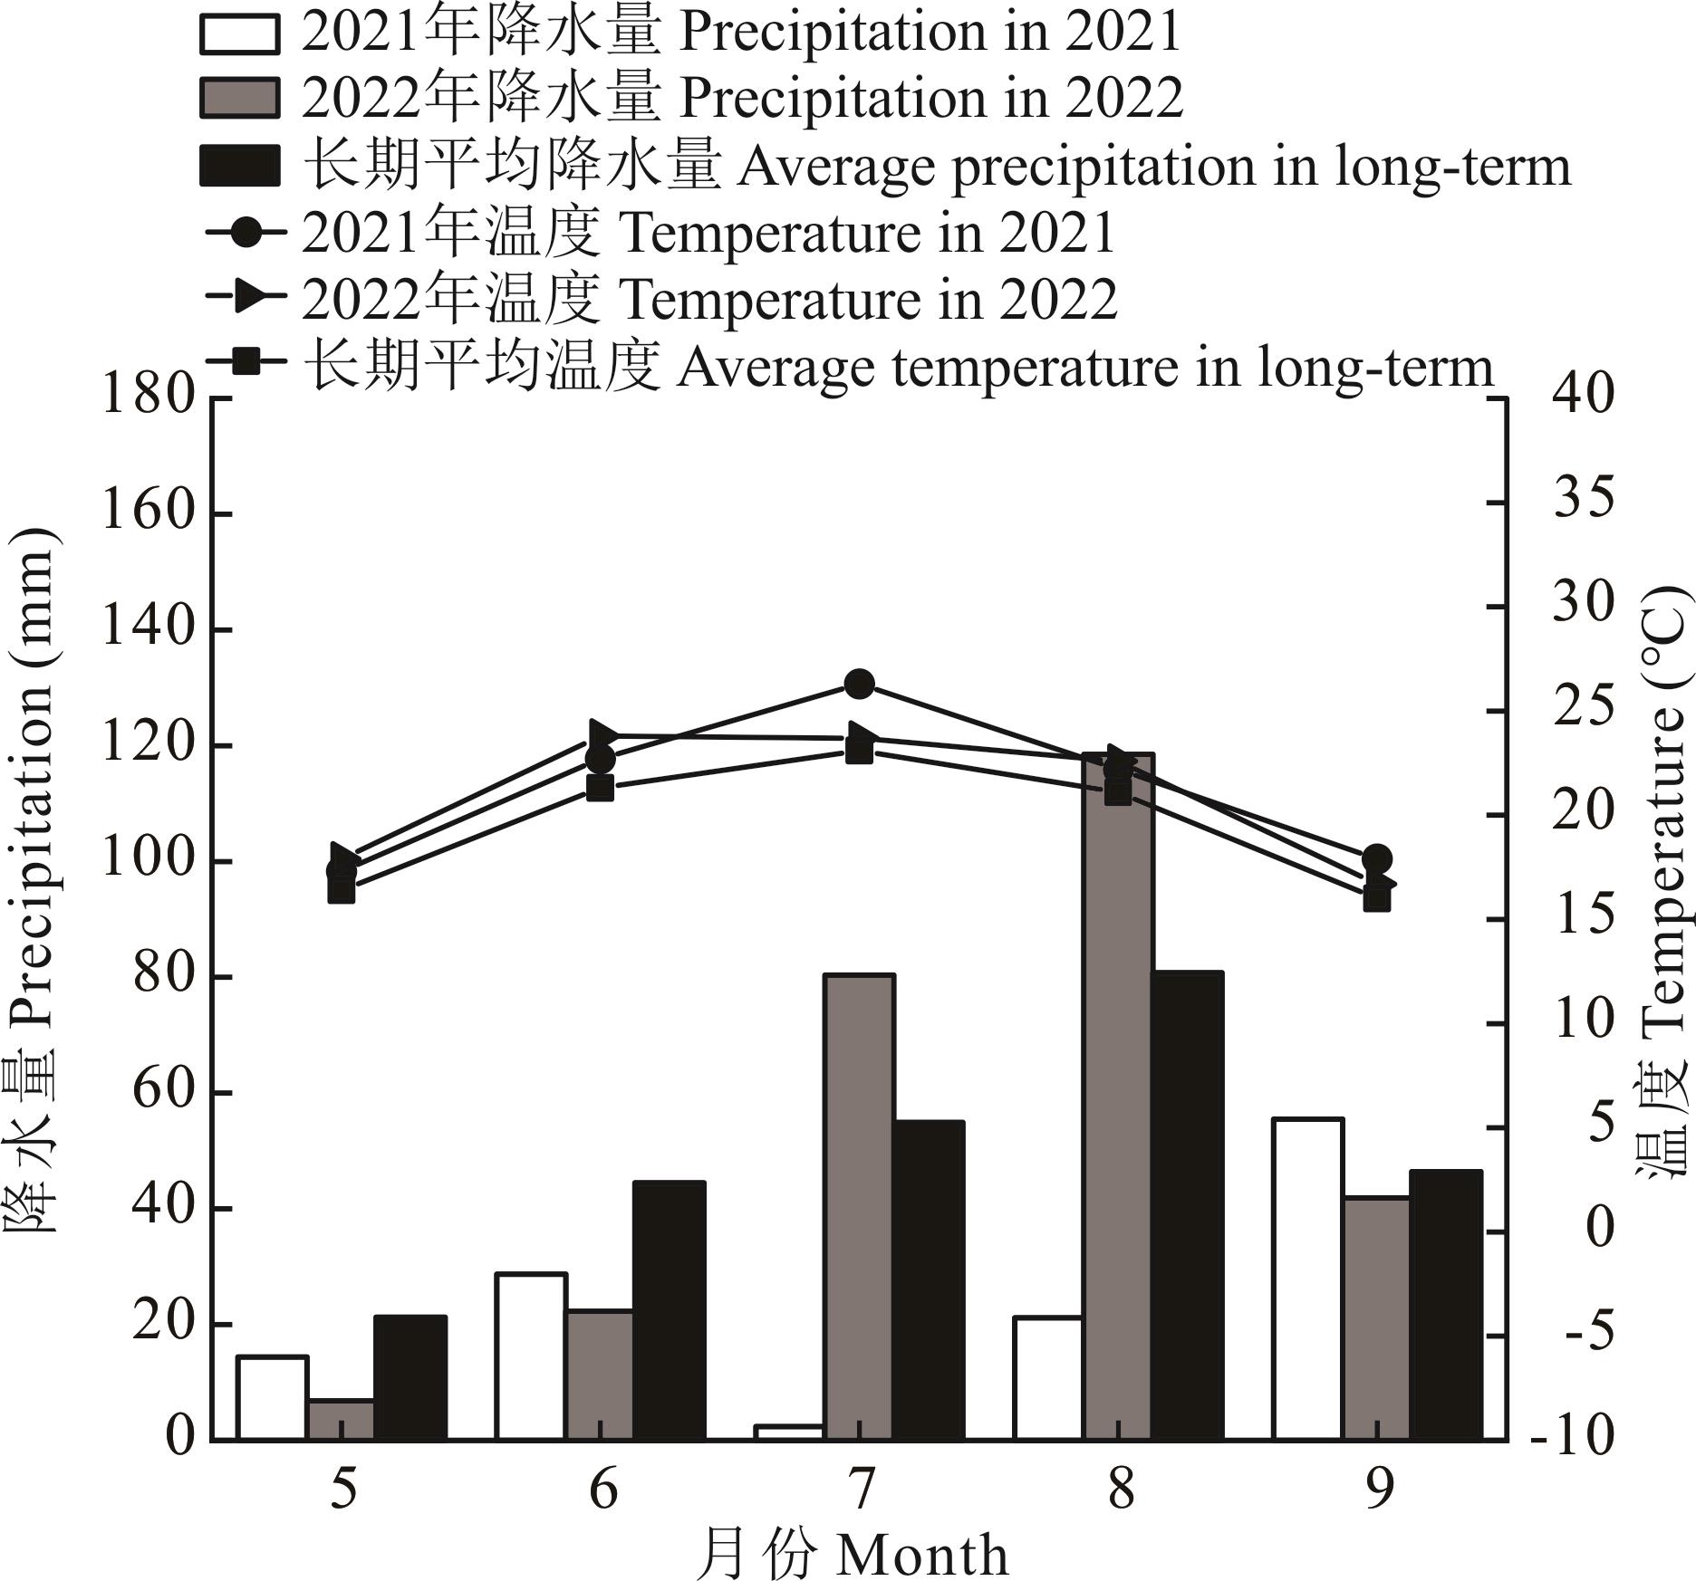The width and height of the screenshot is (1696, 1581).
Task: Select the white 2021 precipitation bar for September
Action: (x=1307, y=1279)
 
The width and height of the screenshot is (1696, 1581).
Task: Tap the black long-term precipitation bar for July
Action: (x=929, y=1279)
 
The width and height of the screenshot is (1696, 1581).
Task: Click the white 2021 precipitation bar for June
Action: (x=531, y=1356)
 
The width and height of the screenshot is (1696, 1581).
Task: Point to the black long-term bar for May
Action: (x=410, y=1376)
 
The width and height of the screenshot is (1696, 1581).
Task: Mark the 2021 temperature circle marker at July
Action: (x=859, y=684)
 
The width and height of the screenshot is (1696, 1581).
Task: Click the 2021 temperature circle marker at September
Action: (x=1376, y=858)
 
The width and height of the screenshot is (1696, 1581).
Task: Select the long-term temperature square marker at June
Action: (x=600, y=788)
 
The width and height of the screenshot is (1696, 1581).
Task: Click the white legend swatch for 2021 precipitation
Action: (x=239, y=34)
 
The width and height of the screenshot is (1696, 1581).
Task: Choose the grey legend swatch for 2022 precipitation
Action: (x=239, y=98)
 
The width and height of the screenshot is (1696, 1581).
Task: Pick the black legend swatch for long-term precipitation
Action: (x=239, y=166)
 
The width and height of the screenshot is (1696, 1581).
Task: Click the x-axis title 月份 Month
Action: (x=852, y=1554)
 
